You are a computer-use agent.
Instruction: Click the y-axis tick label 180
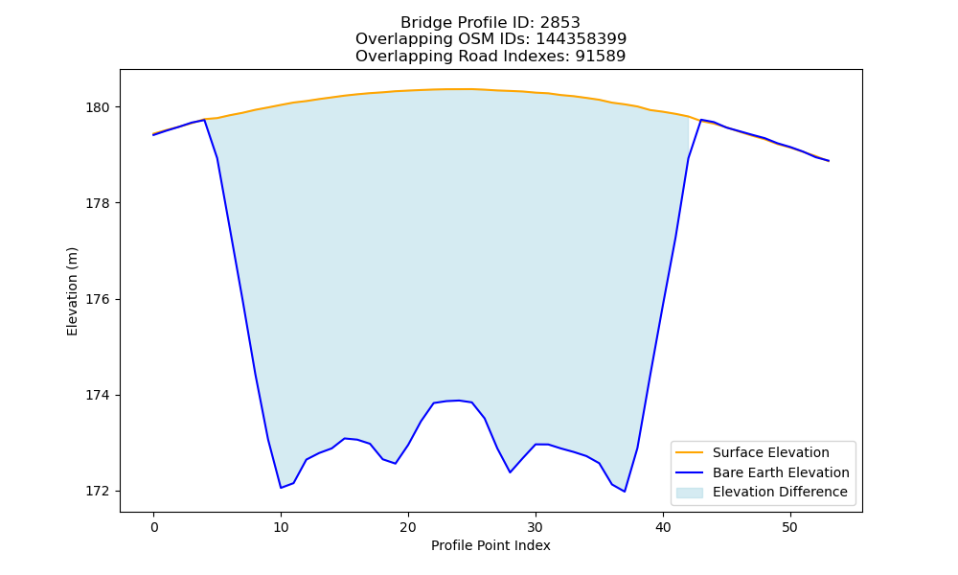tap(97, 107)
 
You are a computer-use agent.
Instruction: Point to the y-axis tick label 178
tap(97, 203)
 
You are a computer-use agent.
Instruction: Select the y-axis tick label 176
tap(97, 299)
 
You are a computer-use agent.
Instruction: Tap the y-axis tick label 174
tap(97, 396)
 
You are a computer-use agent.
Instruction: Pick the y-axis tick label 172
tap(97, 492)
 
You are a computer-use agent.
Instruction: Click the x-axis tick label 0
tap(154, 527)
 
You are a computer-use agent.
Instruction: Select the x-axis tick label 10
tap(281, 527)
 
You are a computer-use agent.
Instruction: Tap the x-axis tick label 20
tap(408, 527)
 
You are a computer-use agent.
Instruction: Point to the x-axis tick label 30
tap(536, 527)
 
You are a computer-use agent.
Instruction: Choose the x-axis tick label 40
tap(663, 527)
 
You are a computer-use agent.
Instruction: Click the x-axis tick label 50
tap(790, 527)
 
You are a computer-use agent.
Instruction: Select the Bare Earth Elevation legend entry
tap(763, 472)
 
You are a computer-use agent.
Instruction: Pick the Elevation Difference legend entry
tap(762, 492)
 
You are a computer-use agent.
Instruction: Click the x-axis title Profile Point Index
tap(490, 545)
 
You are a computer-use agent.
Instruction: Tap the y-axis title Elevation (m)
tap(72, 291)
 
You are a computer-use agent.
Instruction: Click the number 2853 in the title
tap(559, 23)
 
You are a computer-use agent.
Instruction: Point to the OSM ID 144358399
tap(582, 39)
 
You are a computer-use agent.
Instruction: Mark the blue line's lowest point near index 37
tap(625, 492)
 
